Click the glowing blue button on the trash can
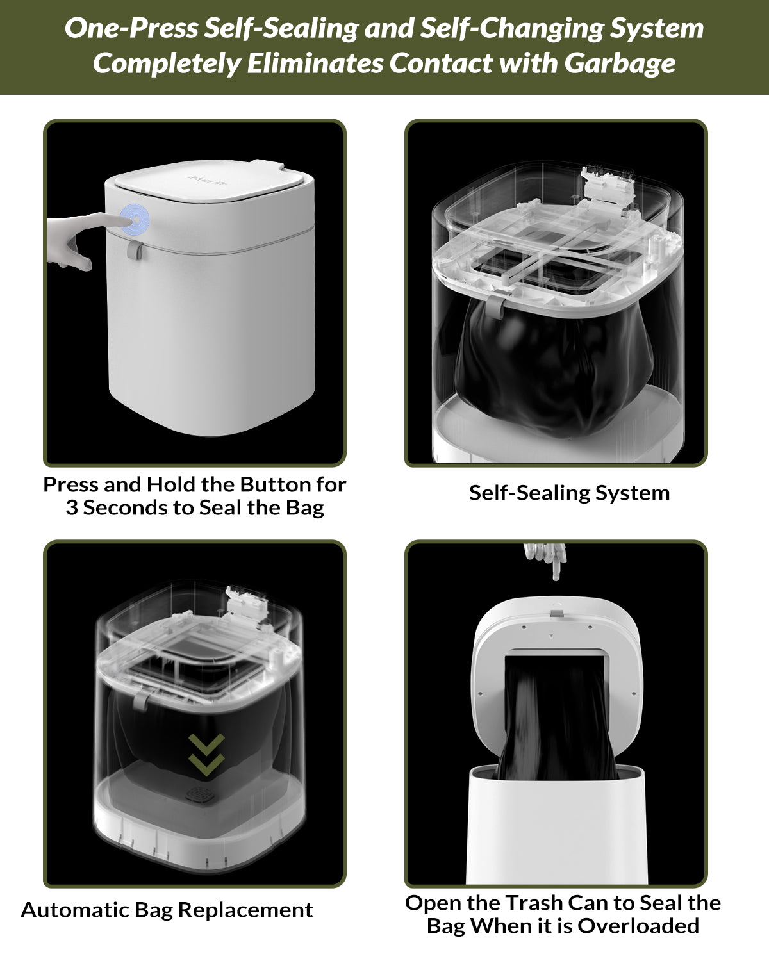[135, 219]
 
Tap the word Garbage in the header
[620, 63]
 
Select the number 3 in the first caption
[72, 508]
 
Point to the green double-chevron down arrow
[206, 754]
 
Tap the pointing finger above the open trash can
[546, 561]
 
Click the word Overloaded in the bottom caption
[638, 926]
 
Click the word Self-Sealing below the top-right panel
[529, 493]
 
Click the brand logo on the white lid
[207, 180]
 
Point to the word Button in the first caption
[269, 484]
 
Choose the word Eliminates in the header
[315, 63]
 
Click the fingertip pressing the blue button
[125, 219]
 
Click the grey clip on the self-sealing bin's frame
[495, 306]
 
